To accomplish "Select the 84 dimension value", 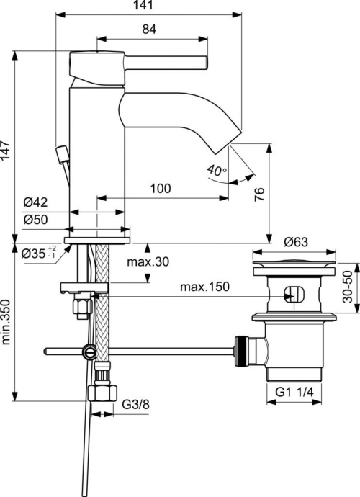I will [150, 30].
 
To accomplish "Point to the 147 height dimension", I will [7, 150].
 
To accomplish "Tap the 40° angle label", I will [216, 171].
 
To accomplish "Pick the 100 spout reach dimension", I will [161, 189].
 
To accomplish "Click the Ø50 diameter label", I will [35, 219].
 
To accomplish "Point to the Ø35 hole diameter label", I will [35, 253].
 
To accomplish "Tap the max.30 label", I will [148, 262].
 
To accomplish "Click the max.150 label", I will [204, 287].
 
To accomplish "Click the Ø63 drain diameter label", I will [297, 241].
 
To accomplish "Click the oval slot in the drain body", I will [294, 295].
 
